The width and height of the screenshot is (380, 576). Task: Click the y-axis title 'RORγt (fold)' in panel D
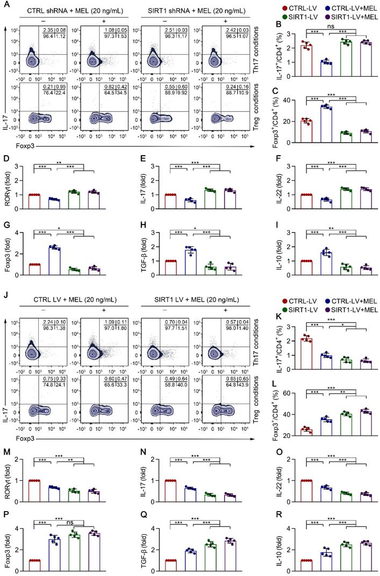[6, 191]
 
